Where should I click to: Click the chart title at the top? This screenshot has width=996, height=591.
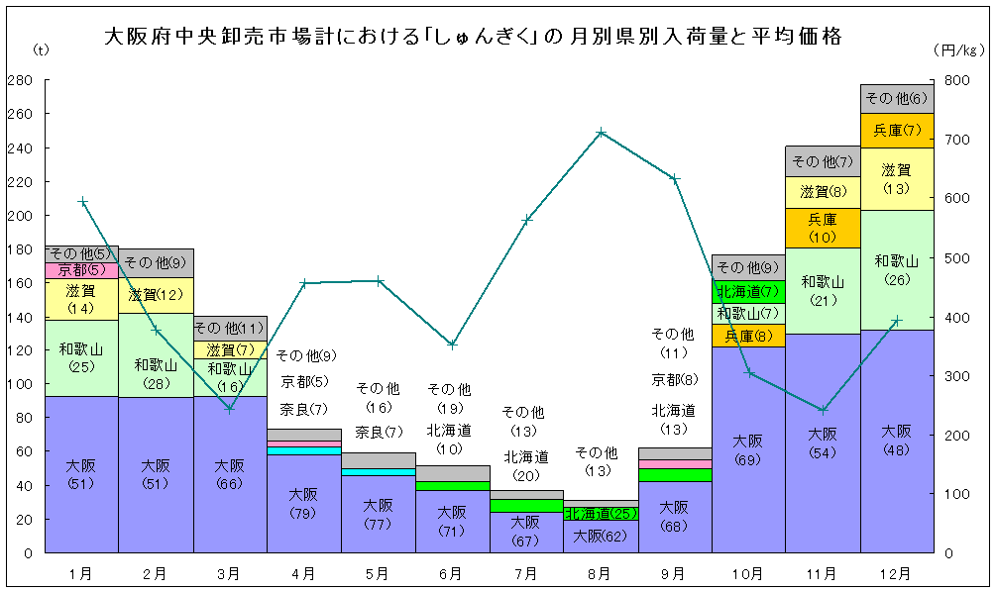coord(473,38)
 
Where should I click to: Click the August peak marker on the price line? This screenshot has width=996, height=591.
coord(602,132)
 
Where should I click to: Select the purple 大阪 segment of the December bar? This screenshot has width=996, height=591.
coord(897,441)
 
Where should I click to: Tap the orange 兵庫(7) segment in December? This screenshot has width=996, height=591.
coord(897,131)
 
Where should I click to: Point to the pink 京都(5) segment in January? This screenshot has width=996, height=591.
coord(81,270)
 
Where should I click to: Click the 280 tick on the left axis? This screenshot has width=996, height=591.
coord(20,80)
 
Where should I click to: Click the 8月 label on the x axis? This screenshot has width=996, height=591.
coord(601,573)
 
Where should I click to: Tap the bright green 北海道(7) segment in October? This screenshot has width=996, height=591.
coord(748,291)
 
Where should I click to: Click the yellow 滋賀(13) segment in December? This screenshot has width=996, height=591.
coord(897,178)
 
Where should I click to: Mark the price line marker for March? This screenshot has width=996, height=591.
coord(230,408)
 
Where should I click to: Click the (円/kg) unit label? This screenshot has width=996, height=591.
coord(959,49)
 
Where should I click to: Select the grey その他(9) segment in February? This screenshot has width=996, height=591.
coord(156,262)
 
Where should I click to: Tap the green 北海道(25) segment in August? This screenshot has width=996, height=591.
coord(601,514)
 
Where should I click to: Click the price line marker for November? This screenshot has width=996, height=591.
coord(824,410)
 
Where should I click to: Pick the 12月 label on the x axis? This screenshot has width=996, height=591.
coord(896,573)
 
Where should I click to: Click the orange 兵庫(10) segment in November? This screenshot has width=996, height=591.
coord(823,228)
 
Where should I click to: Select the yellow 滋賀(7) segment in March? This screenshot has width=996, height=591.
coord(230,349)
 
